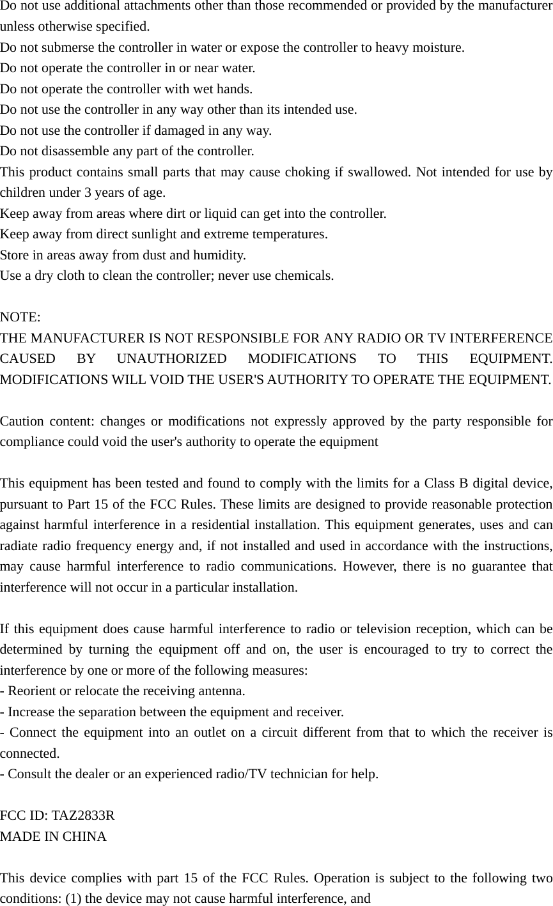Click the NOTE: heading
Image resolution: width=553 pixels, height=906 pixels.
[20, 318]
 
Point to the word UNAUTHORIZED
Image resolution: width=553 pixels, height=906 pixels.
[172, 359]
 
